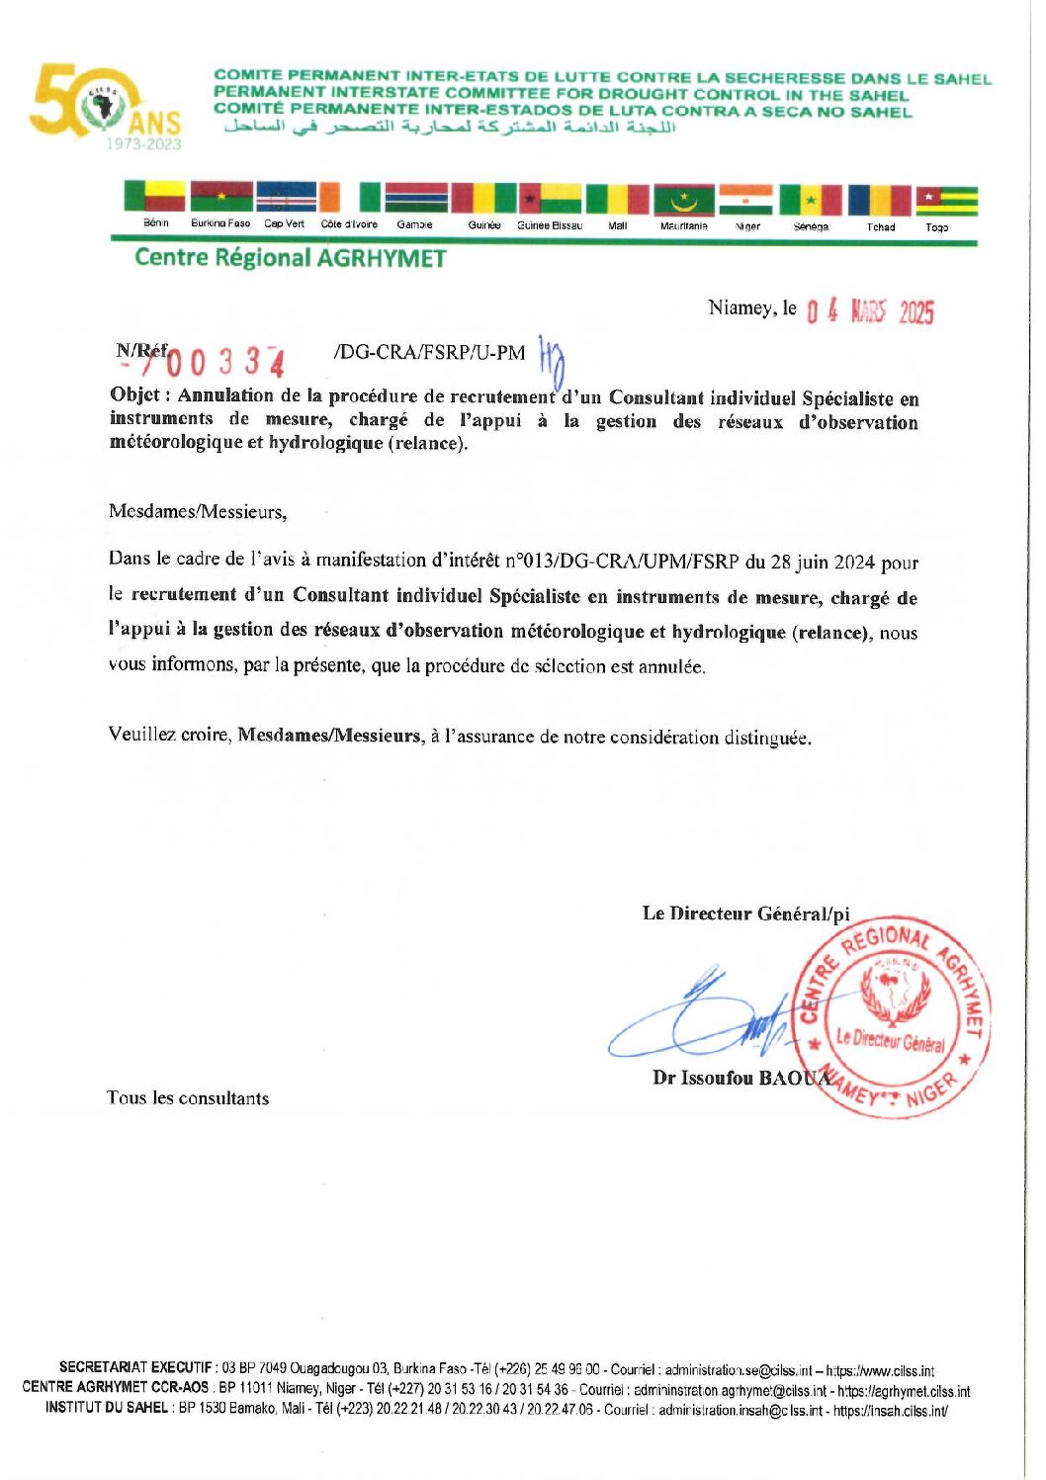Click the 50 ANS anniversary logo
coord(105,106)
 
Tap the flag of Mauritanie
coord(683,199)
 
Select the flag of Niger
coord(745,199)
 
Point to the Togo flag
coord(946,200)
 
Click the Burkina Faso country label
coord(220,223)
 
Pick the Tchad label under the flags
coord(880,226)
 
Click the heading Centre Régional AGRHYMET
coord(290,258)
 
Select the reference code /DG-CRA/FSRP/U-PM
coord(430,353)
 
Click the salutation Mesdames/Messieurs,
coord(198,512)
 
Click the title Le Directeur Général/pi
coord(745,914)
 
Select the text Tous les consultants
coord(188,1098)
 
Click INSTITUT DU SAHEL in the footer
coord(107,1408)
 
